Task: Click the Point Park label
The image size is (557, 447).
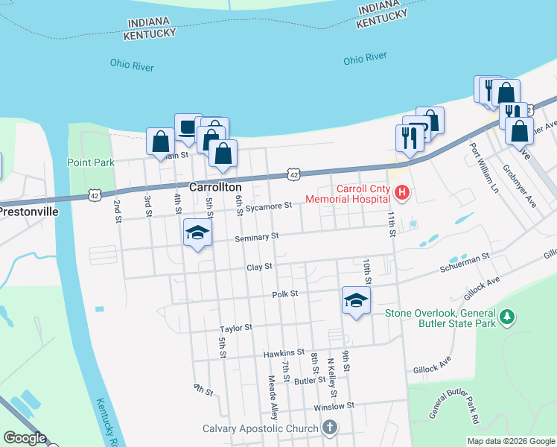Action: coord(90,162)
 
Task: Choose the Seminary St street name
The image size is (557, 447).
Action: coord(256,237)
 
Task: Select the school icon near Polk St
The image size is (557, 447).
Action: coord(356,301)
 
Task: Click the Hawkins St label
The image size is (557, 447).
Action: coord(284,352)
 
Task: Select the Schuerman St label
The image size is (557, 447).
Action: coord(465,256)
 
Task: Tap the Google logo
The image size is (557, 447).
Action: coord(25,438)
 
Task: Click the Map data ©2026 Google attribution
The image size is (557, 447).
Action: coord(510,441)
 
